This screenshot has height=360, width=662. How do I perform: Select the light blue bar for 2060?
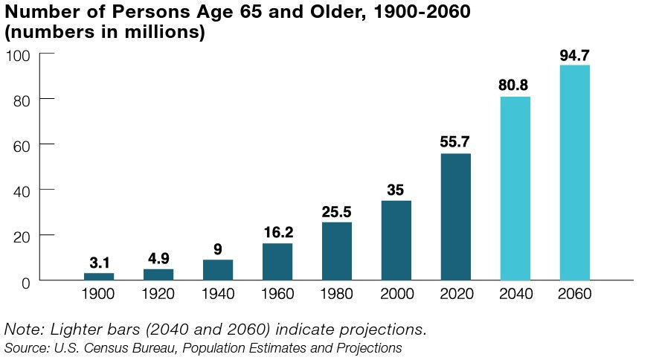574,173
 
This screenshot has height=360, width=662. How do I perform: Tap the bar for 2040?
515,188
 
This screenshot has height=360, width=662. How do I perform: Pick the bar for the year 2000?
396,240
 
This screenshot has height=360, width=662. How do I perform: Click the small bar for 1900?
99,276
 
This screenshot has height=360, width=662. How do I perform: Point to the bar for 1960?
277,261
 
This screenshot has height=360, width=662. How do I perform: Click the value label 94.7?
574,55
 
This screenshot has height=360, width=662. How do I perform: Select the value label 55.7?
455,142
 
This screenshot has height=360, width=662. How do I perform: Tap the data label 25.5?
336,212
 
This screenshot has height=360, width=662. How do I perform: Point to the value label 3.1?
99,263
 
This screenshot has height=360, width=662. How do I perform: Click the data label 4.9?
158,258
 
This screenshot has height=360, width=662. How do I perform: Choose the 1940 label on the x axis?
217,295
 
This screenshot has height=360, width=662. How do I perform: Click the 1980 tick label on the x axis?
336,295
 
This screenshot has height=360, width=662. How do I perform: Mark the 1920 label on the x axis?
158,295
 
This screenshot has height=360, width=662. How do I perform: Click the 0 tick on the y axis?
25,281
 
